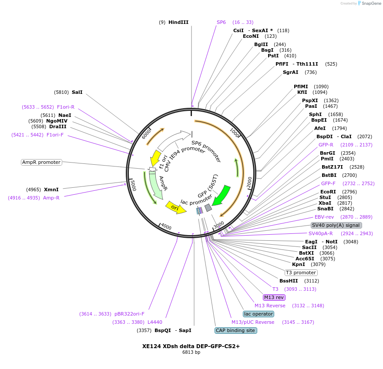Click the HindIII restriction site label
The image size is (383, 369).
pyautogui.click(x=178, y=22)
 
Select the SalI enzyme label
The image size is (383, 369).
pyautogui.click(x=77, y=92)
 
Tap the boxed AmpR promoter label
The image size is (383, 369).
pyautogui.click(x=41, y=162)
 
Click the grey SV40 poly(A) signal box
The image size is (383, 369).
pyautogui.click(x=336, y=225)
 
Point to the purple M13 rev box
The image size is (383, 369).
pyautogui.click(x=274, y=297)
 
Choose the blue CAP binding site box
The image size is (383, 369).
pyautogui.click(x=236, y=330)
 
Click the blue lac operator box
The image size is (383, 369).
pyautogui.click(x=259, y=314)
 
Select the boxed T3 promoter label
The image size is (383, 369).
pyautogui.click(x=301, y=273)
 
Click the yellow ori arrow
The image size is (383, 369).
pyautogui.click(x=175, y=208)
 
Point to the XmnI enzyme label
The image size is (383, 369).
pyautogui.click(x=51, y=189)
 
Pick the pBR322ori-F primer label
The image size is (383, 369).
pyautogui.click(x=129, y=314)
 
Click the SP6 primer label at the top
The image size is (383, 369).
pyautogui.click(x=221, y=22)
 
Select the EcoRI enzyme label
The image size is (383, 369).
pyautogui.click(x=328, y=192)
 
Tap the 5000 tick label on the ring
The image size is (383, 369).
pyautogui.click(x=134, y=186)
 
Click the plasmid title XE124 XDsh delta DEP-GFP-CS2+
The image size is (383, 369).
pyautogui.click(x=191, y=346)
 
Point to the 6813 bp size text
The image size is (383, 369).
pyautogui.click(x=191, y=352)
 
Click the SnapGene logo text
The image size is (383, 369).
pyautogui.click(x=371, y=3)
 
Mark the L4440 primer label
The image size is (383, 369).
pyautogui.click(x=155, y=322)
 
